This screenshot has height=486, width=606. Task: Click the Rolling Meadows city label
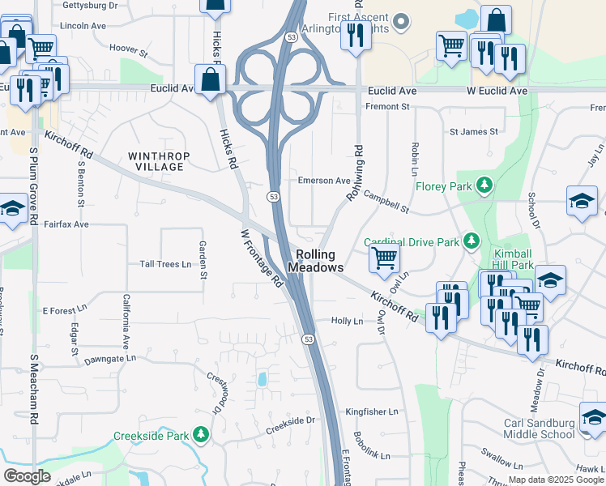click(x=315, y=261)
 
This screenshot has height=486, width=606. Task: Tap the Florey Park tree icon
click(x=484, y=185)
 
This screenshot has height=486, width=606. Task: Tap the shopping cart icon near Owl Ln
click(x=384, y=258)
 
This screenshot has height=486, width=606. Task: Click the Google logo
click(x=27, y=476)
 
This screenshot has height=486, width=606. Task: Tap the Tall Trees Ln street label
click(x=165, y=264)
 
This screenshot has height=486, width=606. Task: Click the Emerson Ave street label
click(x=324, y=181)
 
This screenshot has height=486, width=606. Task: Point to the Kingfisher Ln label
click(x=372, y=412)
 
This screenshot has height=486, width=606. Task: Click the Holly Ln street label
click(x=347, y=321)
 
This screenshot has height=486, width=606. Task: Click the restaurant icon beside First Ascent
click(x=352, y=35)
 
